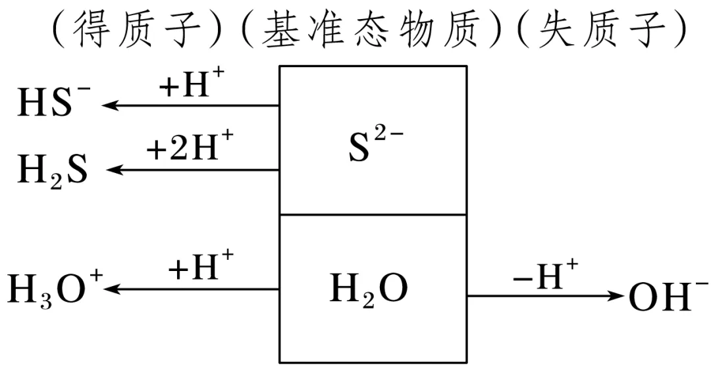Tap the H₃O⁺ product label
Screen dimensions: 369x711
pyautogui.click(x=55, y=289)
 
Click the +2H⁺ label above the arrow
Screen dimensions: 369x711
pyautogui.click(x=189, y=148)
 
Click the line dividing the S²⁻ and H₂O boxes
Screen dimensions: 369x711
pyautogui.click(x=373, y=214)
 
